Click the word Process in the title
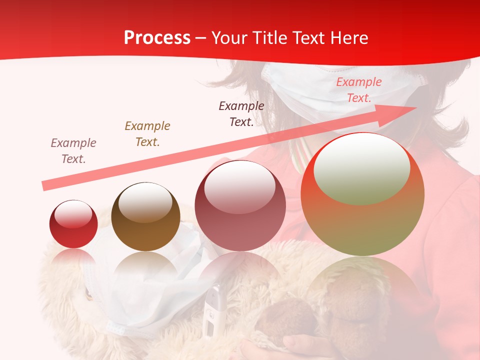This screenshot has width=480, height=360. (x=157, y=38)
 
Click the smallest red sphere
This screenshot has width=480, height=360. (x=73, y=224)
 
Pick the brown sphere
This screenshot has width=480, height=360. (x=145, y=217)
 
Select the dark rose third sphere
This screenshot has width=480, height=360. (x=240, y=205)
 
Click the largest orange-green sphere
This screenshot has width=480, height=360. (x=362, y=194)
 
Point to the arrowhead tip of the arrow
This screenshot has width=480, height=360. (x=416, y=107)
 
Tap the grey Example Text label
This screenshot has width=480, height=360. (x=73, y=150)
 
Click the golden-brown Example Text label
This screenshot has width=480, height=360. (x=147, y=134)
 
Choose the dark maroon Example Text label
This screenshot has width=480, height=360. (x=241, y=113)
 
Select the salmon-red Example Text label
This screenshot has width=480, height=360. (x=358, y=90)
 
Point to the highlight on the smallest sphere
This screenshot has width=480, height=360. (x=73, y=214)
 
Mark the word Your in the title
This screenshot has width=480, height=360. (x=228, y=38)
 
